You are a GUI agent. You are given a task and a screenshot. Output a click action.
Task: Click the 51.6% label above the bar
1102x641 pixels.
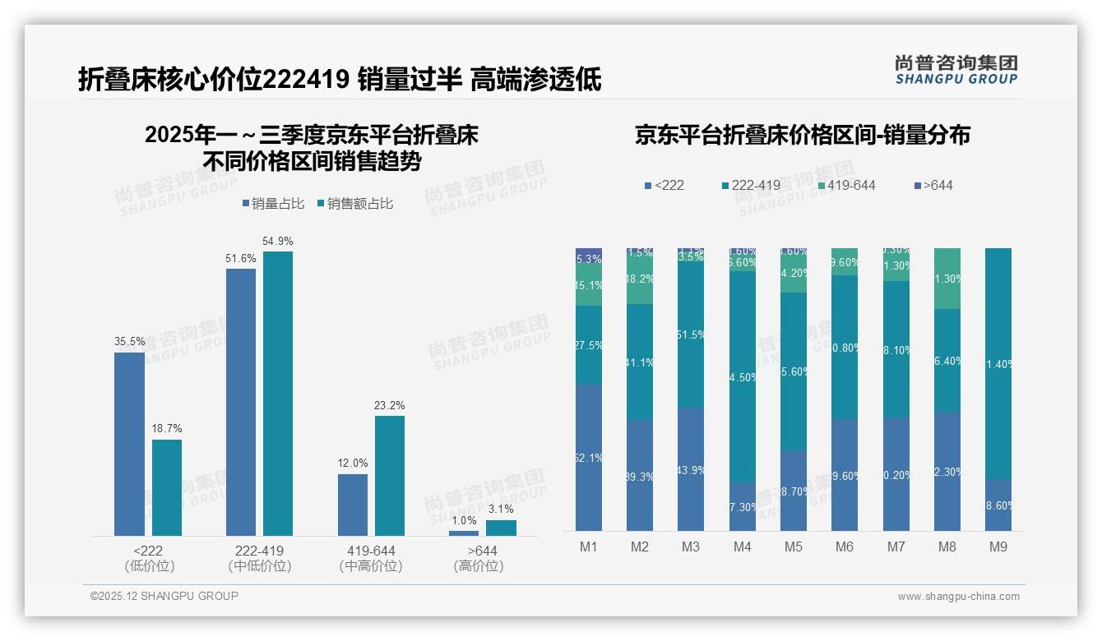click(241, 258)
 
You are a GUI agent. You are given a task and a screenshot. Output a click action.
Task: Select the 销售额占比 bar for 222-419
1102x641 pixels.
click(278, 394)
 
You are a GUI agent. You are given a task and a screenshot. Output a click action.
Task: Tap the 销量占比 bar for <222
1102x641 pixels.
click(129, 444)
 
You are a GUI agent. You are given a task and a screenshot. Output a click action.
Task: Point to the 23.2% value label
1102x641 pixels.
click(390, 405)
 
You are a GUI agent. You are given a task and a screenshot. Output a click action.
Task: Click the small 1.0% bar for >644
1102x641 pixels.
click(464, 533)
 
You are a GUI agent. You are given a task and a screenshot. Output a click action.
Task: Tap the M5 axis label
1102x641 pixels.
click(793, 546)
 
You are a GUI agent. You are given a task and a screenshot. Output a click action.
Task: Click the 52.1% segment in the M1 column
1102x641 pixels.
click(589, 457)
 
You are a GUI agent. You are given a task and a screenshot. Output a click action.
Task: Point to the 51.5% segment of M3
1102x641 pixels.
click(691, 335)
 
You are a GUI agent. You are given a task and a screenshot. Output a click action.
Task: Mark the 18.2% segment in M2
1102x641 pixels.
click(640, 279)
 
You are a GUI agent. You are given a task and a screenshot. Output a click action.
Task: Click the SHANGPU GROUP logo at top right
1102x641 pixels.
click(956, 69)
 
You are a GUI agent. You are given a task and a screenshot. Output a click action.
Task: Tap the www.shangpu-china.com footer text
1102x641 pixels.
click(958, 597)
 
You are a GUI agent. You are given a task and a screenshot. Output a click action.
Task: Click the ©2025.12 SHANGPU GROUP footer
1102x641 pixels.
click(164, 596)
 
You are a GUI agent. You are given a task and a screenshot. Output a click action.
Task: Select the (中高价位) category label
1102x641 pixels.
click(371, 566)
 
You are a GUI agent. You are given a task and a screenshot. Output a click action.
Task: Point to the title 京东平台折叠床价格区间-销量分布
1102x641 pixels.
click(802, 135)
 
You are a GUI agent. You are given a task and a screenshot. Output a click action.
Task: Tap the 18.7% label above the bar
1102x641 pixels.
click(167, 428)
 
